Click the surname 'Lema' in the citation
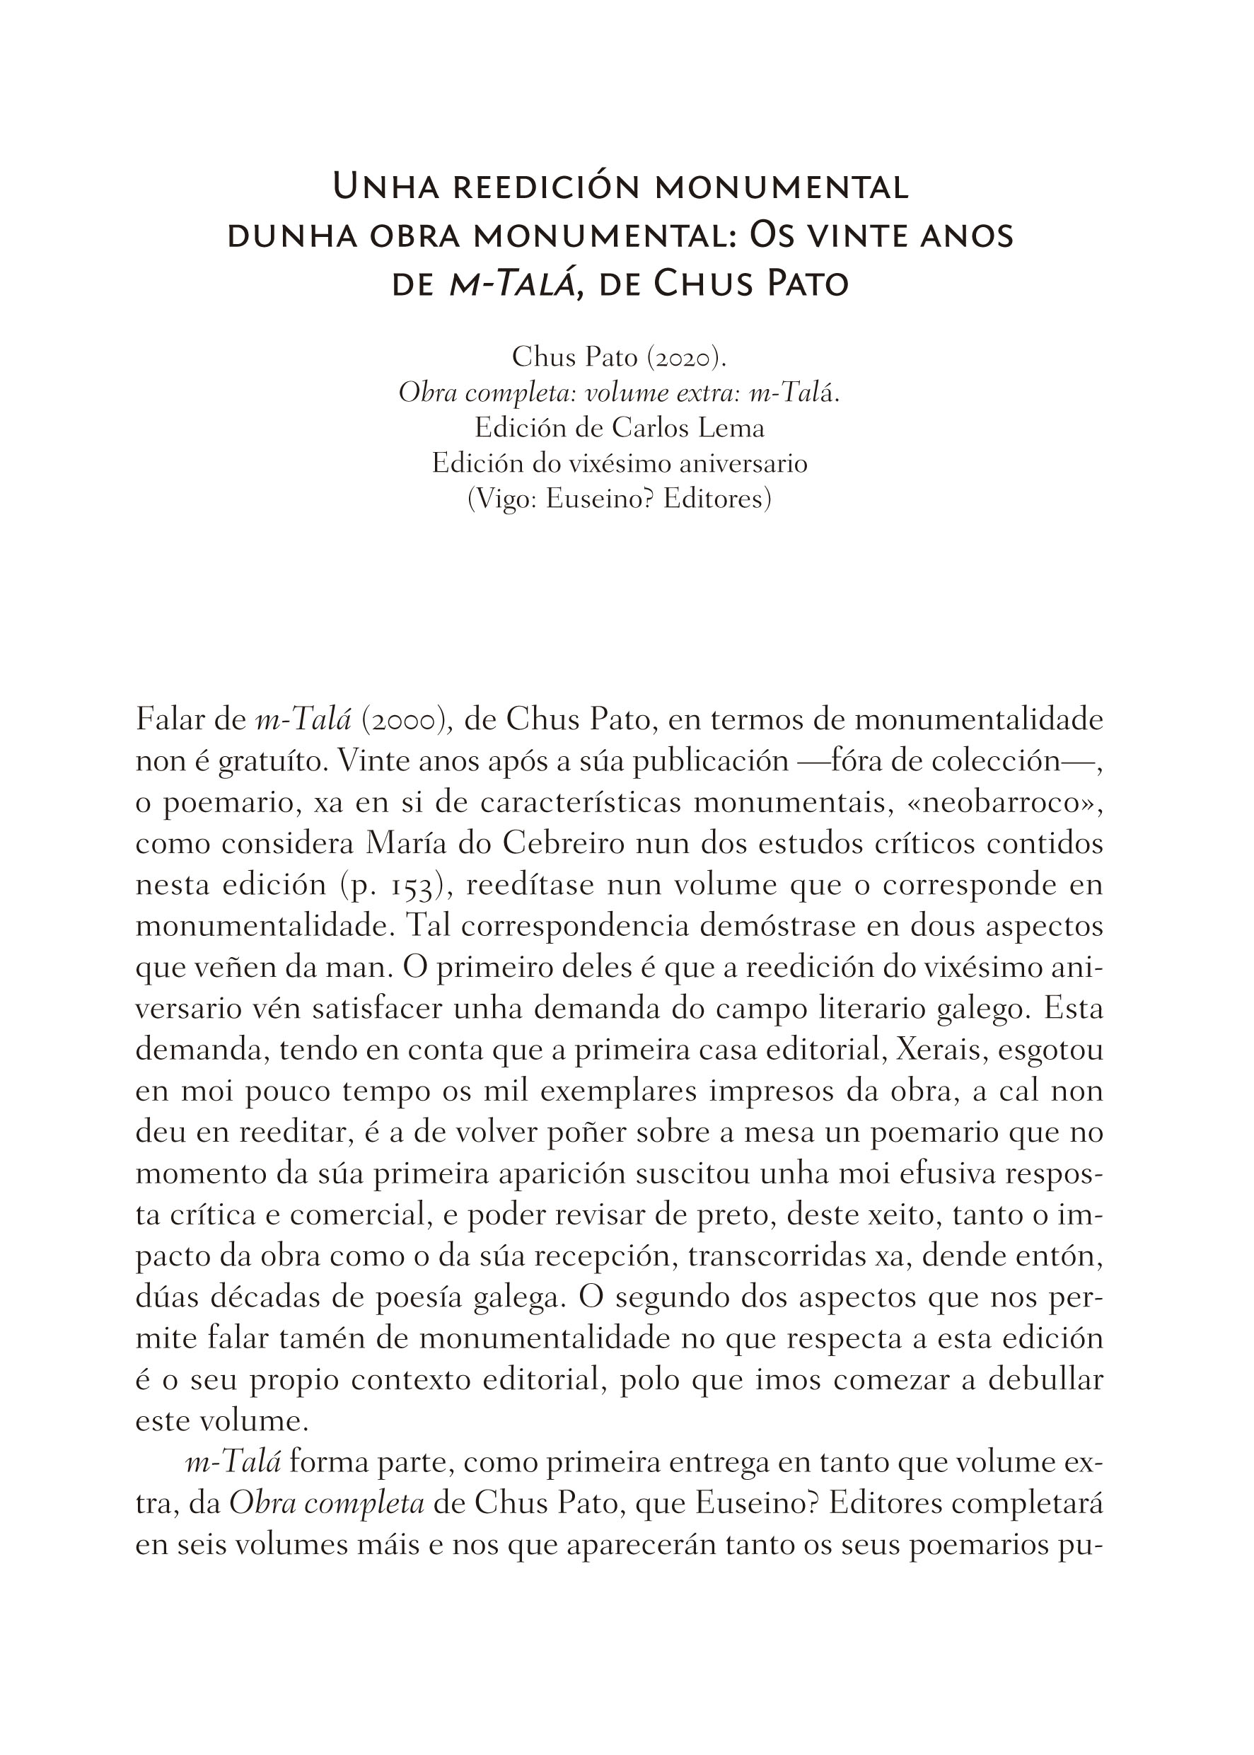(x=731, y=427)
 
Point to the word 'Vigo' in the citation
(x=501, y=499)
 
